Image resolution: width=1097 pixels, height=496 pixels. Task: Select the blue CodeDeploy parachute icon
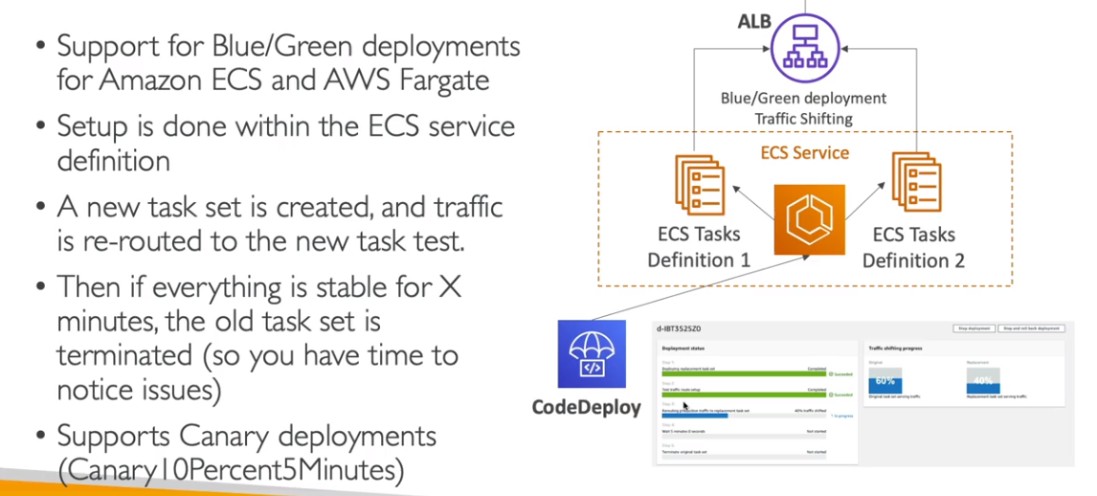click(592, 354)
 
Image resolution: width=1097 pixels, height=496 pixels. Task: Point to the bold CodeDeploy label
click(586, 408)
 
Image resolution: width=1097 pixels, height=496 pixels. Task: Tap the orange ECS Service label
click(804, 152)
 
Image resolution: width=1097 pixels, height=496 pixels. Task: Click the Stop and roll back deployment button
click(1032, 328)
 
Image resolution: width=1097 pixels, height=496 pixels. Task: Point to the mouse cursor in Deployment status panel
click(684, 406)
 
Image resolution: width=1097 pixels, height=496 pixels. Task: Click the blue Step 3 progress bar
click(694, 416)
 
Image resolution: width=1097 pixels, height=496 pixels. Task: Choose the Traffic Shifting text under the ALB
click(804, 119)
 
